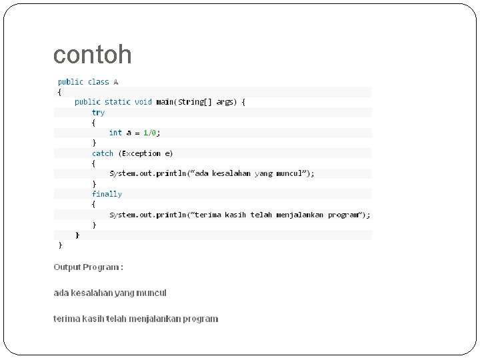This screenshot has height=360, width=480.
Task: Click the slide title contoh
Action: coord(92,55)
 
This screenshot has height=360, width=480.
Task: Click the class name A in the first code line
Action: coord(116,82)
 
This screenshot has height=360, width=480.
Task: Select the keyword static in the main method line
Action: coord(117,102)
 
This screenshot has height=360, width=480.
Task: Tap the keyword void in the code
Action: coord(143,102)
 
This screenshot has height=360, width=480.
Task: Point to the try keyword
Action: coord(98,113)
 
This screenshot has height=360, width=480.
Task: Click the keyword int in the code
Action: coord(115,133)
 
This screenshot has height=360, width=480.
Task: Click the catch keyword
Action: coord(103,153)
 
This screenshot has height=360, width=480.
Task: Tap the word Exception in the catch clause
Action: coord(141,153)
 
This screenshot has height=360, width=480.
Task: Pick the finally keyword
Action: coord(107,194)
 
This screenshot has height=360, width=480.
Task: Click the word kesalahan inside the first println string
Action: coord(231,173)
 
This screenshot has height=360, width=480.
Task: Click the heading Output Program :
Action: coord(88,267)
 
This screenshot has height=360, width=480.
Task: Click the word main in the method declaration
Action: coord(165,102)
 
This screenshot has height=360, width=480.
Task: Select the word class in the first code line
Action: coord(98,82)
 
